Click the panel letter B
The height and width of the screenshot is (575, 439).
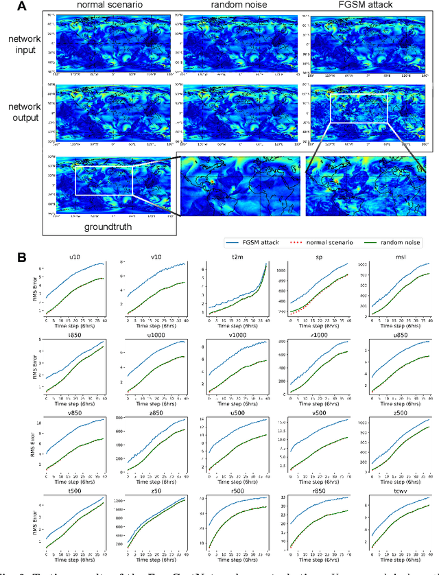click(21, 258)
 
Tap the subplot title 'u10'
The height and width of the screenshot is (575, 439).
click(73, 257)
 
